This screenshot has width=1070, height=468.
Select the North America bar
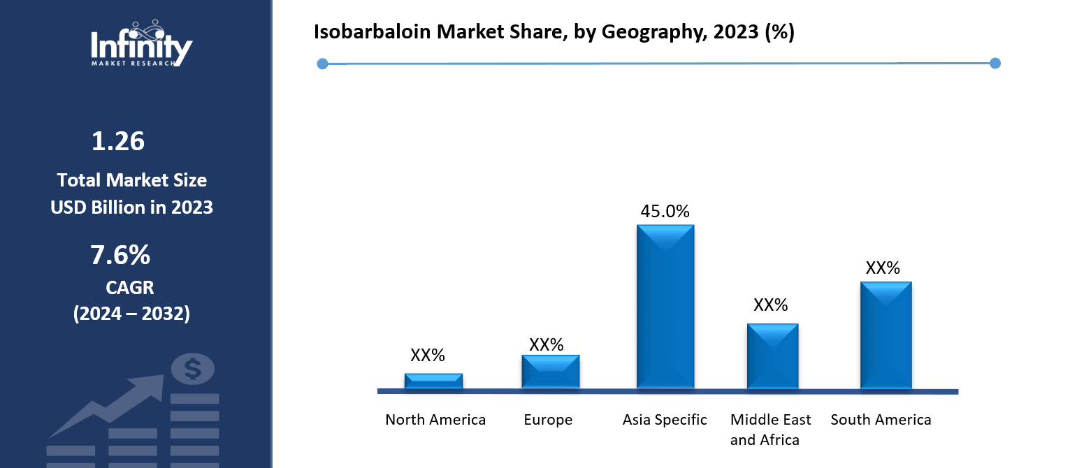[433, 381]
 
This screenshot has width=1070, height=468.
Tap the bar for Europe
[550, 371]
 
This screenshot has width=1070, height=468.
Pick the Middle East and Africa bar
[772, 356]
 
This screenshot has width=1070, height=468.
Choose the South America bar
[885, 335]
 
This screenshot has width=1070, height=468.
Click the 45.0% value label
[665, 211]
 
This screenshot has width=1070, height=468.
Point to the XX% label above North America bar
[428, 355]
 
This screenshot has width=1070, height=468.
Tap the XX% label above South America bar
[883, 268]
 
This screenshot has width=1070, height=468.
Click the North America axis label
[435, 420]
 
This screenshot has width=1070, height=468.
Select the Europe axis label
[548, 420]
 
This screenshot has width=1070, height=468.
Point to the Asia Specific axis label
[665, 420]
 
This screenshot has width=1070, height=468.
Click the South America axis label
[881, 420]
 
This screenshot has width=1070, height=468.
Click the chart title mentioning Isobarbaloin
[554, 33]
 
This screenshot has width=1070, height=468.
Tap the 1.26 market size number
[118, 142]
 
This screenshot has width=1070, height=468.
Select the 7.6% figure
[120, 256]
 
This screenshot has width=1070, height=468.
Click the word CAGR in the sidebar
[130, 287]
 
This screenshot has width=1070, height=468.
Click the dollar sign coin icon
[193, 368]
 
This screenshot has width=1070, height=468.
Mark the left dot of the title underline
[322, 64]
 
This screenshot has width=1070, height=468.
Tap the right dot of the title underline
[995, 64]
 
